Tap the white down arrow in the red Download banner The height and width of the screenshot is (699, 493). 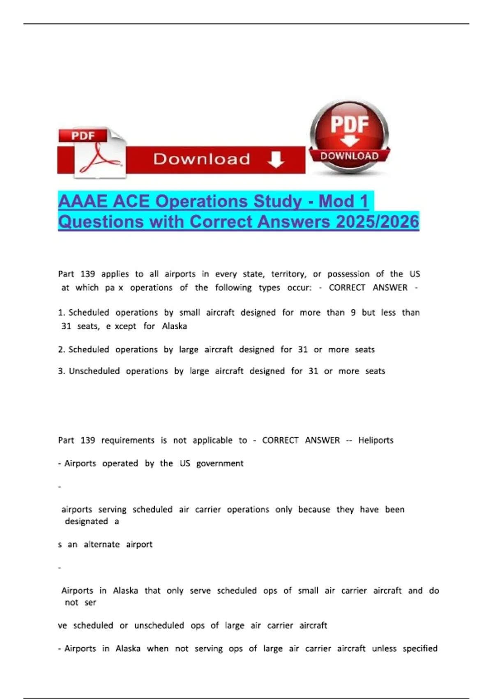276,160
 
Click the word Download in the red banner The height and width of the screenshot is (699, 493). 201,159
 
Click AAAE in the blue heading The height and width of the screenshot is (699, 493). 83,201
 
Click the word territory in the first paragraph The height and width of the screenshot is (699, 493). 288,274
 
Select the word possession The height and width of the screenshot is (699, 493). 348,274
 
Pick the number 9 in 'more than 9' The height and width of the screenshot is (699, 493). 353,312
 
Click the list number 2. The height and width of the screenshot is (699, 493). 61,350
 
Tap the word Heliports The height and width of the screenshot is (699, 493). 376,440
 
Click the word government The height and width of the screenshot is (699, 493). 220,463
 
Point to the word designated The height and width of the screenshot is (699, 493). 86,521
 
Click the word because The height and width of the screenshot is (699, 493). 314,509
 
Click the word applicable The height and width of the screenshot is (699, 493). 212,440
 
